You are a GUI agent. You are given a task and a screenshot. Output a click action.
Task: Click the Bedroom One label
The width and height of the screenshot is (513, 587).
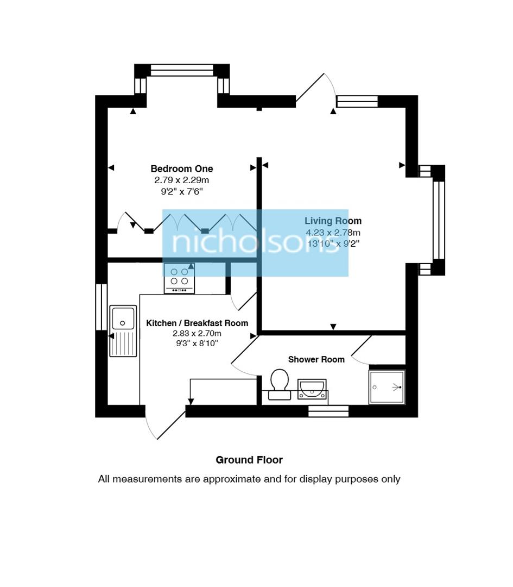(181, 169)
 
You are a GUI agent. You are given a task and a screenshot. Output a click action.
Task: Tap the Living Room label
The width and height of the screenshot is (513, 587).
(333, 221)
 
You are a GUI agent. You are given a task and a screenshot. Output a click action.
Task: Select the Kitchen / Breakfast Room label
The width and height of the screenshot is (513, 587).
(197, 323)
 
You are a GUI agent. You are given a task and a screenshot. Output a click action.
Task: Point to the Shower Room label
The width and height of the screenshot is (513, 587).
(316, 359)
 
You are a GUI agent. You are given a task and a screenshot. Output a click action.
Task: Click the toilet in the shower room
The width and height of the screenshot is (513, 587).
(280, 384)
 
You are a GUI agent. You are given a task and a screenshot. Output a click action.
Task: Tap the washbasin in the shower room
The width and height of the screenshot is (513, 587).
(312, 390)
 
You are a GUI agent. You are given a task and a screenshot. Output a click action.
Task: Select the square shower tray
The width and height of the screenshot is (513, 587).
(387, 387)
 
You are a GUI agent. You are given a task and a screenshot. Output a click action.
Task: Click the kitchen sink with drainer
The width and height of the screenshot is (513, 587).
(123, 330)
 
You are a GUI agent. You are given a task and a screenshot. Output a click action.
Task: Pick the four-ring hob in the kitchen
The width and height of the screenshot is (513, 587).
(179, 277)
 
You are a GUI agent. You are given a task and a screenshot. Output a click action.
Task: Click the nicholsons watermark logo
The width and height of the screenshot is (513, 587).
(255, 243)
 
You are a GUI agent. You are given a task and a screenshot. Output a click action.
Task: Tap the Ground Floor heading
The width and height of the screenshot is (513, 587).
(249, 460)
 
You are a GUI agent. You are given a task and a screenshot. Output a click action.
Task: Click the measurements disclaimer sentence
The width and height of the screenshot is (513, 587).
(249, 479)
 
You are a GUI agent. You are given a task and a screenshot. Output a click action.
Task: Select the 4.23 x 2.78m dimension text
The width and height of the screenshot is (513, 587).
(333, 232)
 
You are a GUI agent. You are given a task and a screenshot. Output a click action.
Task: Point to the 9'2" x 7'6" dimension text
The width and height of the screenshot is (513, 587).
(181, 191)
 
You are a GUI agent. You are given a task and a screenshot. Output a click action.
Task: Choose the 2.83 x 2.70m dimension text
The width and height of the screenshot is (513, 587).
(197, 334)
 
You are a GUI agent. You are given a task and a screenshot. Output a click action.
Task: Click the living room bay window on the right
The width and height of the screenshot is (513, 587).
(438, 220)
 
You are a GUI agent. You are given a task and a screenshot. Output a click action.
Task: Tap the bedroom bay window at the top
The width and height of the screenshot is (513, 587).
(182, 71)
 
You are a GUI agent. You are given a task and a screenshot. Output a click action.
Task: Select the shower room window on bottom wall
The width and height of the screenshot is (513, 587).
(328, 411)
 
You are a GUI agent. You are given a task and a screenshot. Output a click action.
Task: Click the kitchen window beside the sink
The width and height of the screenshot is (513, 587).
(101, 307)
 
